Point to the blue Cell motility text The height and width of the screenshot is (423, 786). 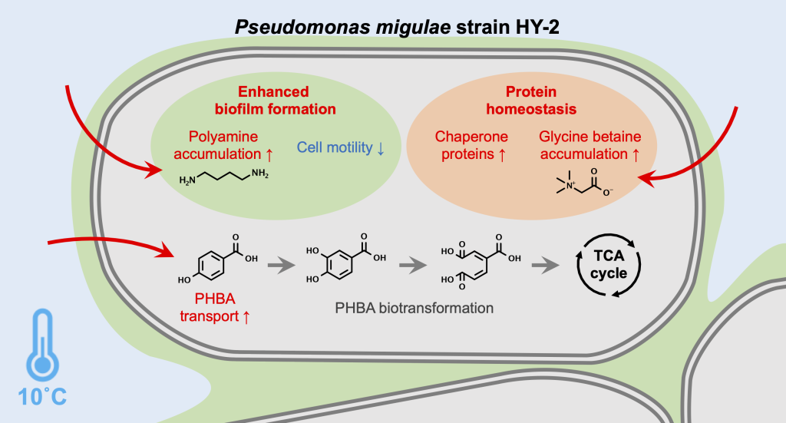click(x=339, y=146)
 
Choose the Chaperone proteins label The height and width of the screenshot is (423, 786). click(x=470, y=145)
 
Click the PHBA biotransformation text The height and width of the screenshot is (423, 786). click(x=414, y=309)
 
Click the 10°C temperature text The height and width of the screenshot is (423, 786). click(x=43, y=398)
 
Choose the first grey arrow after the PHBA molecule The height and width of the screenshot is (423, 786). click(x=281, y=266)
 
